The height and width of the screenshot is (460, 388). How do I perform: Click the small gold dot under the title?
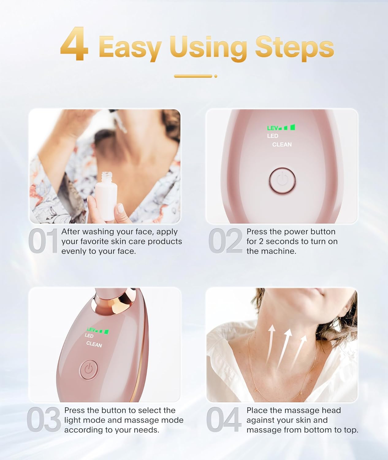tap(216, 76)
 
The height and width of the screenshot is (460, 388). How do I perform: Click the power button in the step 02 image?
tap(282, 181)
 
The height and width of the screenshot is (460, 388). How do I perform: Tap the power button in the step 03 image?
tap(89, 370)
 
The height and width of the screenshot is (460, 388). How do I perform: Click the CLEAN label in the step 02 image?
tap(282, 144)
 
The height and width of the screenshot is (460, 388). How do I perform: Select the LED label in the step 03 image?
tap(89, 335)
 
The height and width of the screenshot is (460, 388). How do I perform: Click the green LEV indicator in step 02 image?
tap(281, 128)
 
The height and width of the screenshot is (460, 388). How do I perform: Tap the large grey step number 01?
tap(43, 241)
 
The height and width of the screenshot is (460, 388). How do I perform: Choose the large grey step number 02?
tap(225, 241)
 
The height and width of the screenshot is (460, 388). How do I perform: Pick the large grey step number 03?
tap(44, 420)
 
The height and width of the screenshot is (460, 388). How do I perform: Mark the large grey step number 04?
tap(223, 420)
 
